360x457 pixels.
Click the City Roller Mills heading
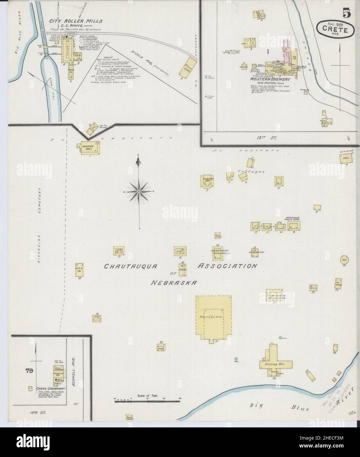click(76, 21)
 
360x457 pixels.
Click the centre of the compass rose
click(139, 191)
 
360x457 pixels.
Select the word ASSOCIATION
click(227, 266)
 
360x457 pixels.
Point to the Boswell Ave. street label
click(75, 365)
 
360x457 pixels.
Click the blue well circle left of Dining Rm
click(236, 358)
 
